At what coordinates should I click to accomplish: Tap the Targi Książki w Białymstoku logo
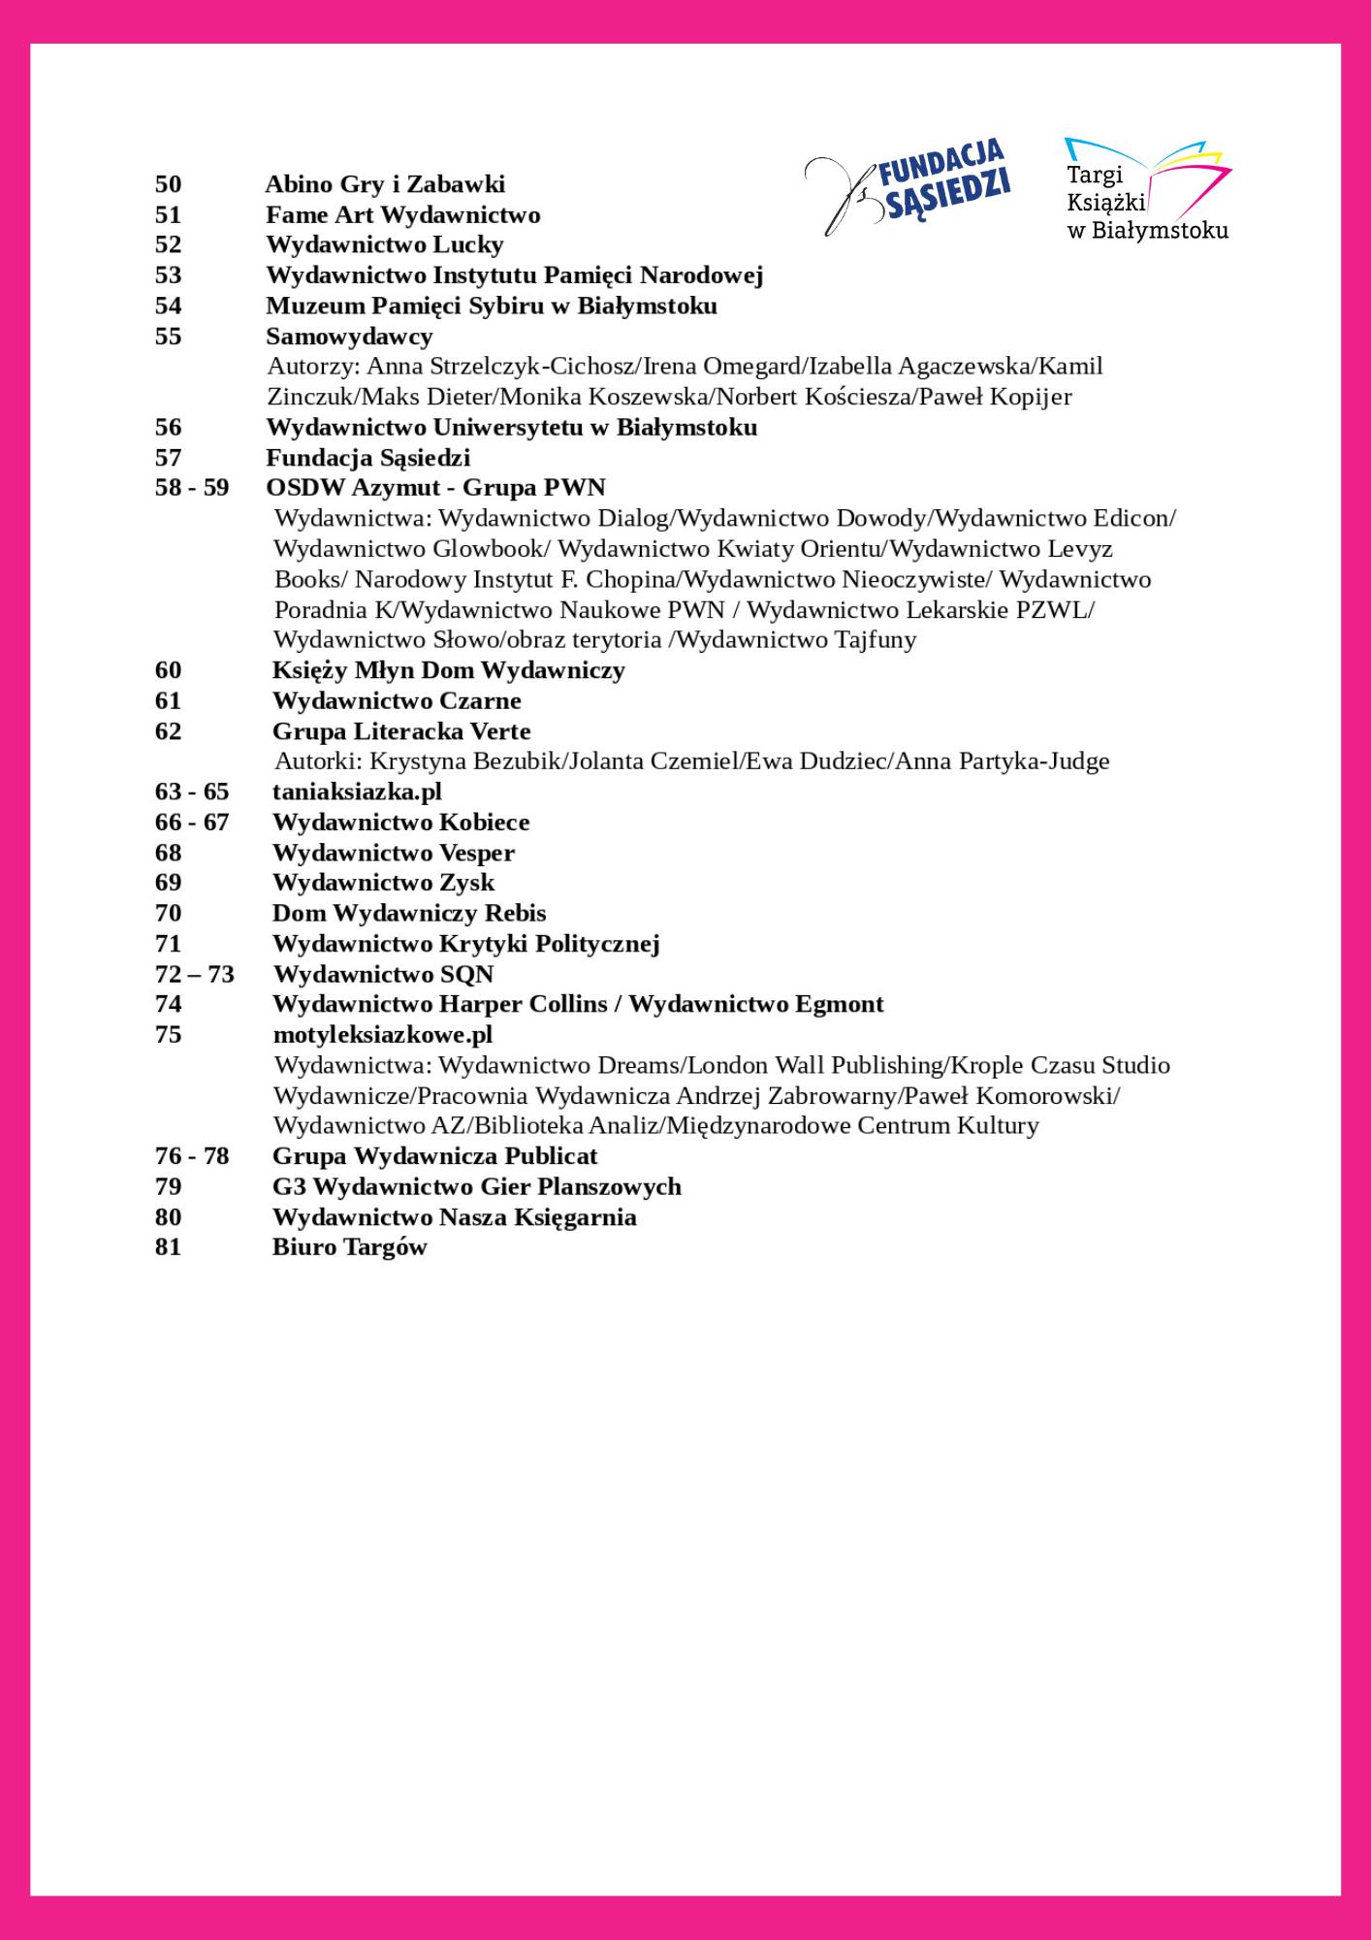tap(1147, 190)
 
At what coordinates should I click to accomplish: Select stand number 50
tap(168, 184)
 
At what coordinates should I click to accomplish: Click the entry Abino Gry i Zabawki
tap(385, 184)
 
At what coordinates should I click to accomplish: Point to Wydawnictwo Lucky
tap(385, 244)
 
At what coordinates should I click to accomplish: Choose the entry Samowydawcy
tap(349, 336)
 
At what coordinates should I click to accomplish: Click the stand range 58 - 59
tap(192, 487)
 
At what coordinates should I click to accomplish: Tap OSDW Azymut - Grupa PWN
tap(435, 487)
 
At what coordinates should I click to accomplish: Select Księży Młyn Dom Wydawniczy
tap(448, 670)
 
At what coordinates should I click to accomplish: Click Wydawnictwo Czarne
tap(397, 700)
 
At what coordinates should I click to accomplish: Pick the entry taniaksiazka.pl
tap(357, 792)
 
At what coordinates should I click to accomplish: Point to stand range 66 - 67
tap(192, 823)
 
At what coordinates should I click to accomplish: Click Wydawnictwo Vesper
tap(393, 853)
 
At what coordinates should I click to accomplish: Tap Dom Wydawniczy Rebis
tap(408, 913)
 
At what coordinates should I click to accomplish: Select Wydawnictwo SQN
tap(383, 974)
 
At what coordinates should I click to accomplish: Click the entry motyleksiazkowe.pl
tap(383, 1034)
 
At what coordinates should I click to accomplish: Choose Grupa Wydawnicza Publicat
tap(434, 1156)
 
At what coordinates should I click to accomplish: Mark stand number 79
tap(168, 1186)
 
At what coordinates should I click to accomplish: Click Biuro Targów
tap(349, 1247)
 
